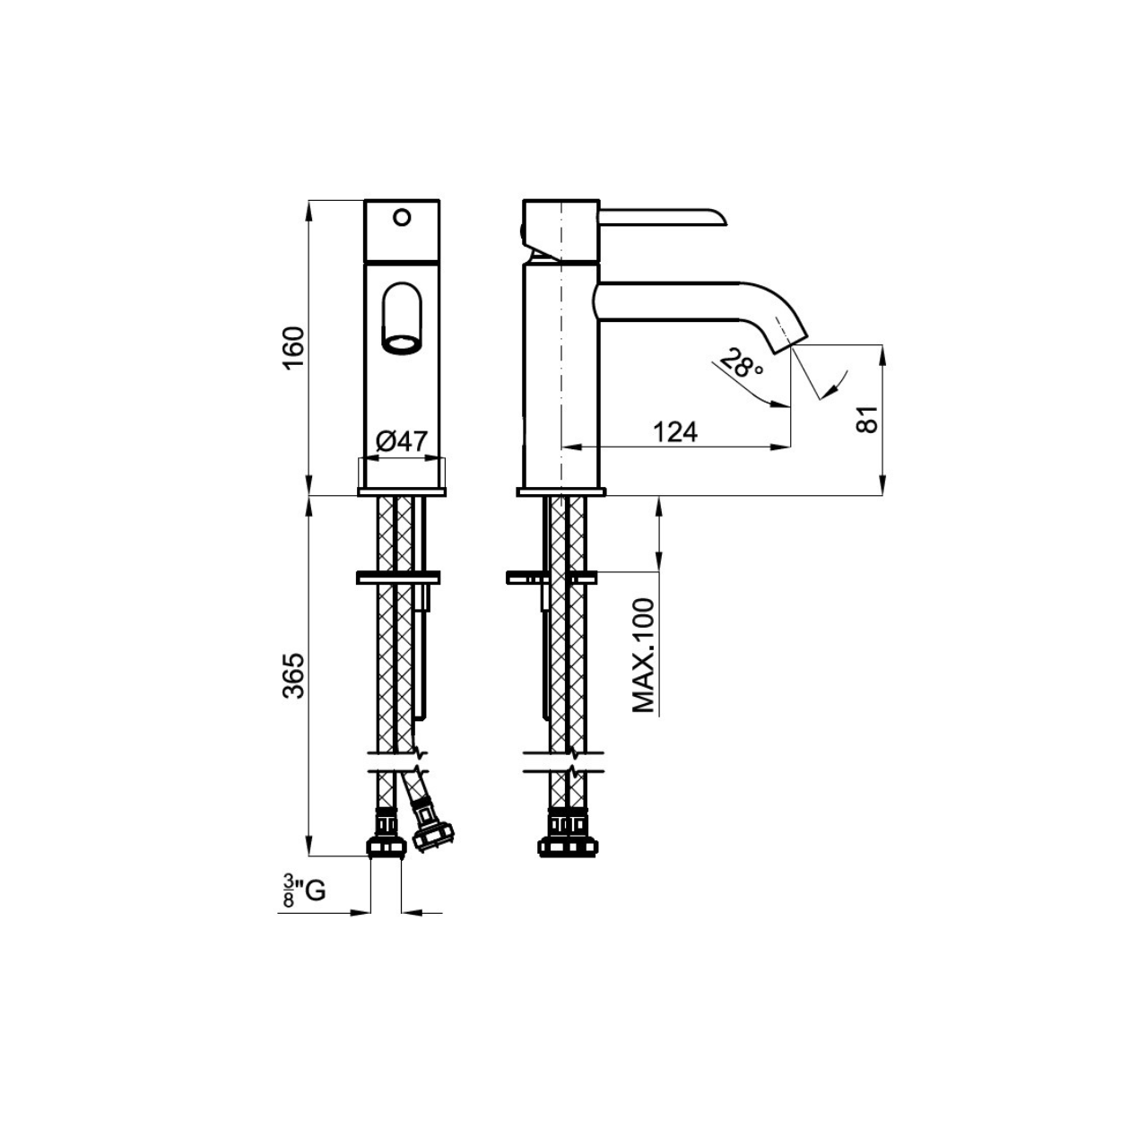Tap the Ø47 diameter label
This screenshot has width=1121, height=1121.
402,441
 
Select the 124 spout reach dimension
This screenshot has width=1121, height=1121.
674,431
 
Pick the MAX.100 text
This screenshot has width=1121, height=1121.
643,655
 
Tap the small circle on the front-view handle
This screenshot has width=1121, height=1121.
402,218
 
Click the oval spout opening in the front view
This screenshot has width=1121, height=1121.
402,318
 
